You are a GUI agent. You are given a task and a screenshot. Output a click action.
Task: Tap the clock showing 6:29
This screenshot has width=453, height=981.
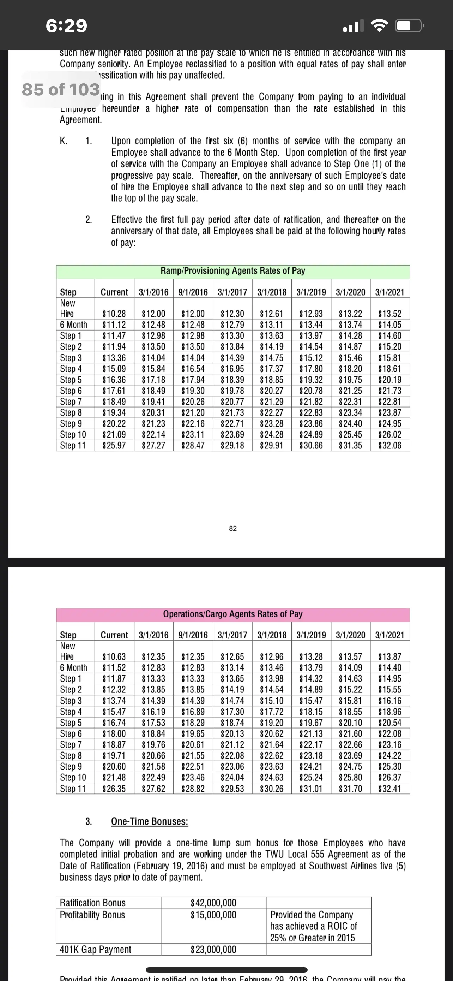66,26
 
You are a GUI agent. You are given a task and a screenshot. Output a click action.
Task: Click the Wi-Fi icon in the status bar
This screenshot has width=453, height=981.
379,26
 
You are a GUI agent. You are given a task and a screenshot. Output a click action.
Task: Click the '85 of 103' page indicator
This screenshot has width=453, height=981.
61,89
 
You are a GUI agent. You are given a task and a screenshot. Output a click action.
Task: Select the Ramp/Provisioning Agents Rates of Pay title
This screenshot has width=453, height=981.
233,271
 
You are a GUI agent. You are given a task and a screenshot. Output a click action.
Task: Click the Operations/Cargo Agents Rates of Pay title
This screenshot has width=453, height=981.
233,614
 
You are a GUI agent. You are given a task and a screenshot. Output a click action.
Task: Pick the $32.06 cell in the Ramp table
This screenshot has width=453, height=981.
390,446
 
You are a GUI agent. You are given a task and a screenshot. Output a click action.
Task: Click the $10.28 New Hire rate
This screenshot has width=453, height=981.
114,314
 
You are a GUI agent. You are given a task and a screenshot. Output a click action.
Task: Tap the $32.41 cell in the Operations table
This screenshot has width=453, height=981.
390,788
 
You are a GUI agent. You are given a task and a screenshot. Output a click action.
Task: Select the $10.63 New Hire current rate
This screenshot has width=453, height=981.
114,656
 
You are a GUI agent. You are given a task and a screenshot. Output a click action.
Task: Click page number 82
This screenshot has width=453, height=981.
233,529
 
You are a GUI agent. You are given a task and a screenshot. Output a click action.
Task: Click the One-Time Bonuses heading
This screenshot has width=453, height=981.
150,821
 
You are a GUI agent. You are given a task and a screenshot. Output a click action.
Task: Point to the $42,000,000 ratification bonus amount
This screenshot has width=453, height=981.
213,903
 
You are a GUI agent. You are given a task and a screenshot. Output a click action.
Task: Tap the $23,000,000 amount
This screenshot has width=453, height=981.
213,949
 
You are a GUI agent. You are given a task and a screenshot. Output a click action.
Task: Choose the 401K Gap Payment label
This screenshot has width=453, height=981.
96,949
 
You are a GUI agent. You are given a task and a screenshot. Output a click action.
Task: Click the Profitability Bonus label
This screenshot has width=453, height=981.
92,915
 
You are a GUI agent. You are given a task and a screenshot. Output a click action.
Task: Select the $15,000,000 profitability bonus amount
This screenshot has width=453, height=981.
213,915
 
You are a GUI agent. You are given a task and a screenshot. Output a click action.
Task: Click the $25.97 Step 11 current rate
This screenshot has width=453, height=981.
114,446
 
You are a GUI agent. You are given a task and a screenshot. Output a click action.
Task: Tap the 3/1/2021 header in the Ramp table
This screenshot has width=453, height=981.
390,292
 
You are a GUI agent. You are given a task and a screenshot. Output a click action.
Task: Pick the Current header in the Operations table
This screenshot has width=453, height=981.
114,635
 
